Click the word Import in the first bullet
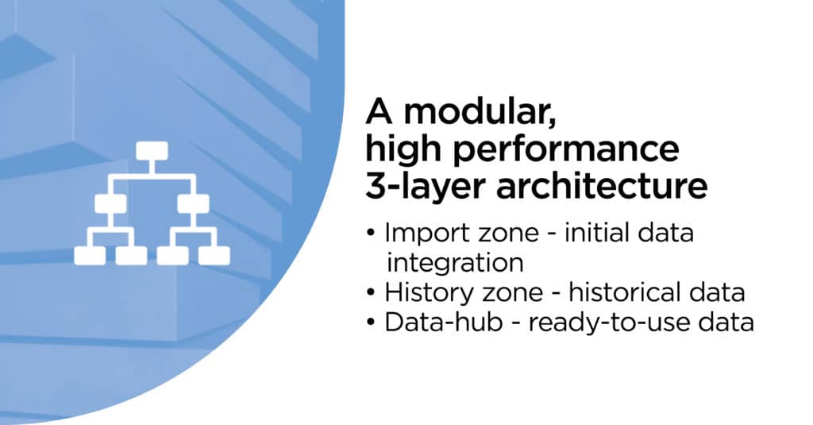[x=426, y=234]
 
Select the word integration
[x=455, y=264]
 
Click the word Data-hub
[x=444, y=323]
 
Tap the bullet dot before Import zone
[x=370, y=233]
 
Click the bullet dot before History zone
[x=370, y=292]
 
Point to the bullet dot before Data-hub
[x=370, y=323]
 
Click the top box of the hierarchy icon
[x=152, y=151]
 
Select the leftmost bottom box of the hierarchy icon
[x=90, y=255]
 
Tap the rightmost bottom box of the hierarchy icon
[x=214, y=255]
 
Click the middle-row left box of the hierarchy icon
[x=110, y=203]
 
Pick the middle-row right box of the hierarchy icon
[x=194, y=203]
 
